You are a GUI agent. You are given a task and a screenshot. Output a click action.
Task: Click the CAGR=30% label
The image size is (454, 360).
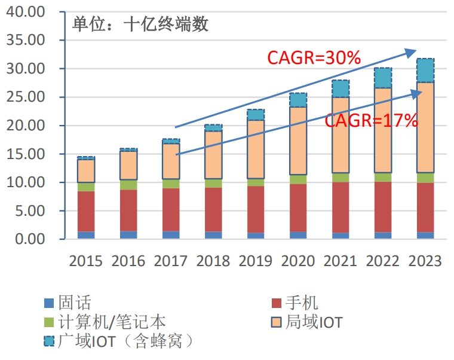pyautogui.click(x=314, y=58)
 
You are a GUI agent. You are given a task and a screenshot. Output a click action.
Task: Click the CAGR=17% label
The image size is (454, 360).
pyautogui.click(x=370, y=121)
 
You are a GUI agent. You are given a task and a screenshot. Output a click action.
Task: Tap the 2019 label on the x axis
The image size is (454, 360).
pyautogui.click(x=255, y=261)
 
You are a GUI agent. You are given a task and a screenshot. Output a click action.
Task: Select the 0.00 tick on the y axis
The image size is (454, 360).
pyautogui.click(x=27, y=239)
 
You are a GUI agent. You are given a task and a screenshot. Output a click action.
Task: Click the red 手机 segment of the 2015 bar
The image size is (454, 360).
pyautogui.click(x=86, y=211)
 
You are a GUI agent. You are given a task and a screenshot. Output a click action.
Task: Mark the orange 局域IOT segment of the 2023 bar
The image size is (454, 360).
pyautogui.click(x=425, y=127)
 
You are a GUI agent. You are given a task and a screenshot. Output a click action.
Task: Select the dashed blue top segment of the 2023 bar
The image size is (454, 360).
pyautogui.click(x=425, y=71)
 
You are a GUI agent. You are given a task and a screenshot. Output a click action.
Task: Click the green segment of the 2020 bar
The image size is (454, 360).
pyautogui.click(x=298, y=179)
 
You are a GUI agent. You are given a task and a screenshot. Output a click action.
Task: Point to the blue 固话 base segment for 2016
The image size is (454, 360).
pyautogui.click(x=128, y=235)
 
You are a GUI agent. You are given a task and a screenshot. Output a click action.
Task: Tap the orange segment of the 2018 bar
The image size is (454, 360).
pyautogui.click(x=213, y=155)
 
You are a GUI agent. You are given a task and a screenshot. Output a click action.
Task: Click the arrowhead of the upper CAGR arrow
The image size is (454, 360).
pyautogui.click(x=413, y=52)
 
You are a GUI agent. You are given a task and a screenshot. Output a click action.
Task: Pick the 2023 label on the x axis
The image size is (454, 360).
pyautogui.click(x=425, y=261)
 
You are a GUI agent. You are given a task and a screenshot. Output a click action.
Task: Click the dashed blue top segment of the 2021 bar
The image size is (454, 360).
pyautogui.click(x=340, y=89)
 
